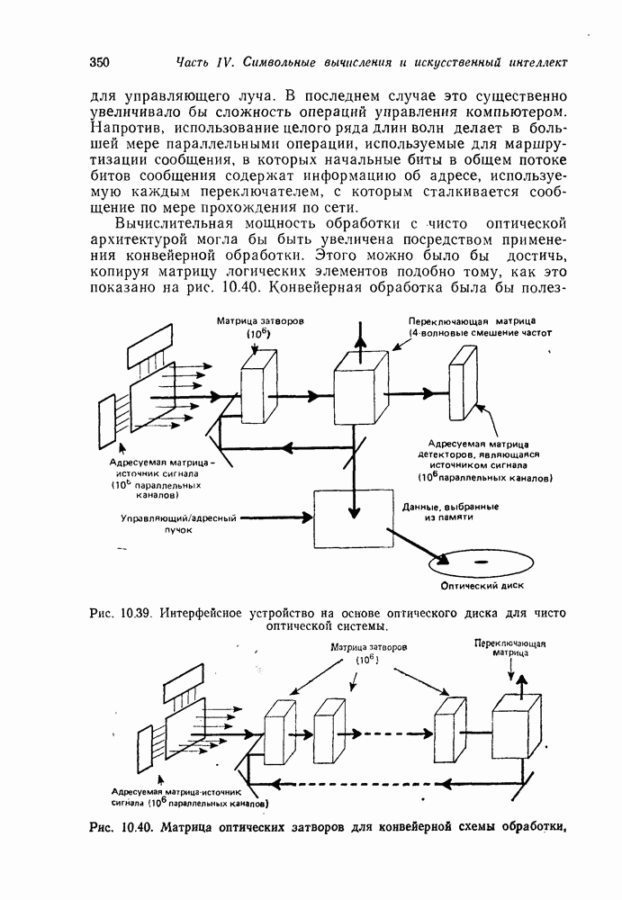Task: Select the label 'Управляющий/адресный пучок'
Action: [x=179, y=524]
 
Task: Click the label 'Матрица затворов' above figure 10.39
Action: [x=255, y=321]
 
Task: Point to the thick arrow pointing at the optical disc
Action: [x=422, y=545]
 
